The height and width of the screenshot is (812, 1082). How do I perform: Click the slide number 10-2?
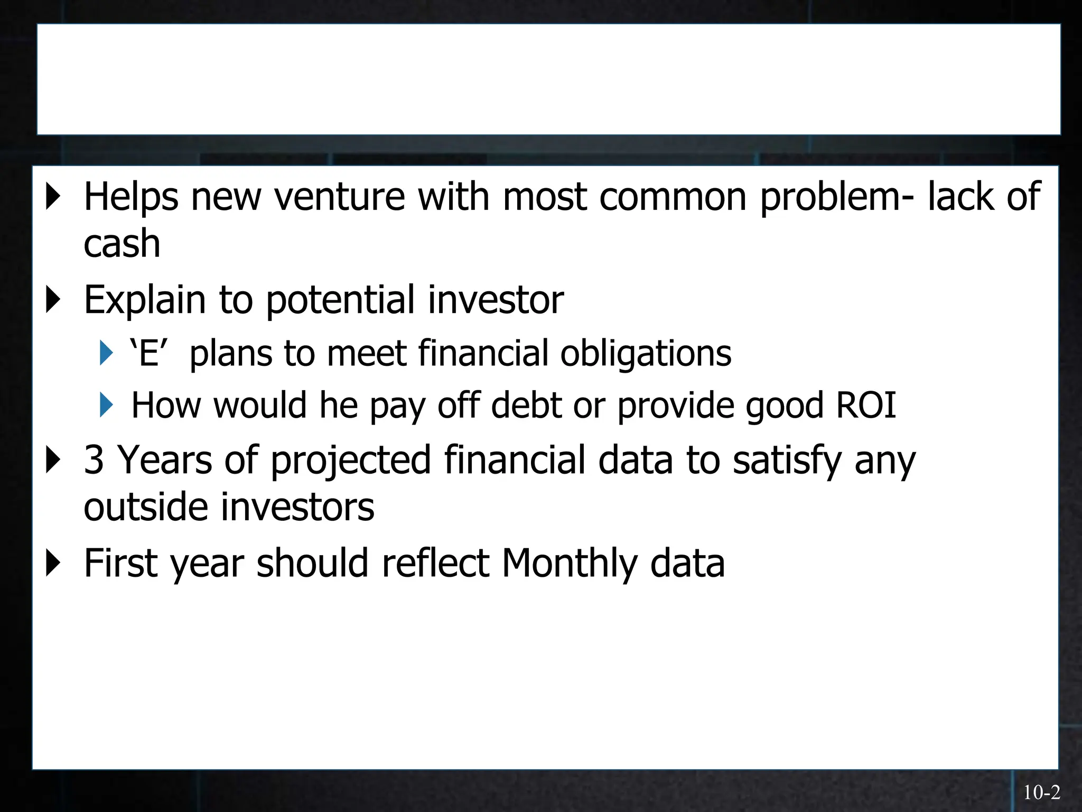(1041, 792)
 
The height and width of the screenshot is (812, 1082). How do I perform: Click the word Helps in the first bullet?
(131, 197)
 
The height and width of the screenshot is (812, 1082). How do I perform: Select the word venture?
(340, 197)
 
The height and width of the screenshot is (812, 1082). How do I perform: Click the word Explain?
(144, 300)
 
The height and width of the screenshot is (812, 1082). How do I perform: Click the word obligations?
(646, 353)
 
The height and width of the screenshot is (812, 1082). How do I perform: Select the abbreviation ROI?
(866, 405)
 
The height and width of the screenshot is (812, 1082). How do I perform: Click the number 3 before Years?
(94, 459)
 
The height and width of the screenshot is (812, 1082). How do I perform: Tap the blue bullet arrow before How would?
(106, 405)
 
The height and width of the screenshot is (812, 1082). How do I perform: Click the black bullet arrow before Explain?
(53, 300)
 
